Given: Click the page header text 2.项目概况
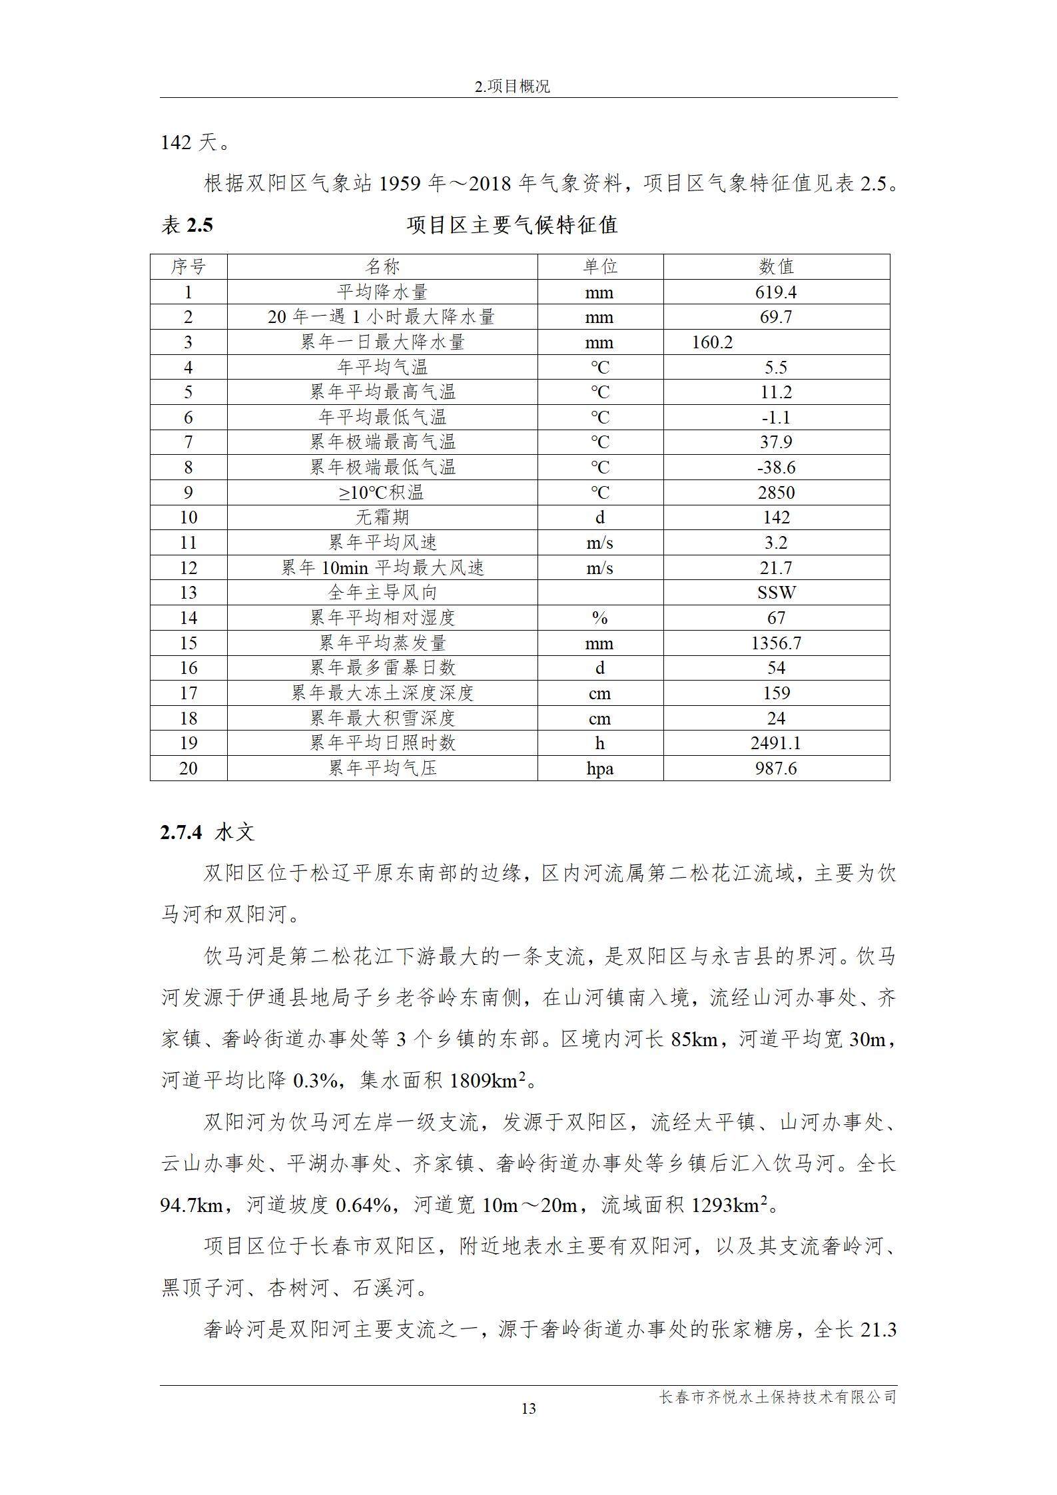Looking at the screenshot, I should (x=512, y=87).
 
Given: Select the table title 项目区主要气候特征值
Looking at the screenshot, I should (x=512, y=225).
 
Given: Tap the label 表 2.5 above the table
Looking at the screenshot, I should (x=187, y=225).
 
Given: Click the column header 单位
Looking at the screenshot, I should (x=600, y=267).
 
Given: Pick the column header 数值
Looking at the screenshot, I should (x=776, y=267).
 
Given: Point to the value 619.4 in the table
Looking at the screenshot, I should (x=776, y=292).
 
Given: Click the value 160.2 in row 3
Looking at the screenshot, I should (x=712, y=342).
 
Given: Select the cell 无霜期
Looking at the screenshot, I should (x=382, y=517).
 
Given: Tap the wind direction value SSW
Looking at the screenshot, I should (x=777, y=593).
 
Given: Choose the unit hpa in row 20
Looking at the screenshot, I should (x=600, y=768).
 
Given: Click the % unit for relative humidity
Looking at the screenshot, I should (x=599, y=618).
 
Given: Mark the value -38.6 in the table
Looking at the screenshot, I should (x=776, y=467).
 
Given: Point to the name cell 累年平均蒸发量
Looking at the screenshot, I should (x=382, y=643).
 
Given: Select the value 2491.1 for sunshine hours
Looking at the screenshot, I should (x=776, y=743).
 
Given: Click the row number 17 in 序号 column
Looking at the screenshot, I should (x=188, y=693).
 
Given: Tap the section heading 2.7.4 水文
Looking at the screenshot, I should (x=207, y=832).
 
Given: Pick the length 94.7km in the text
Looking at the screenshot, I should (x=191, y=1205).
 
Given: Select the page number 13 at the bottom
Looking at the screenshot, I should (x=529, y=1408).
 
